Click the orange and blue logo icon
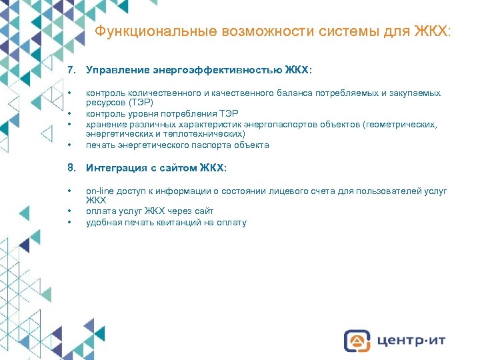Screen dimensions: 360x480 coord(357,340)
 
